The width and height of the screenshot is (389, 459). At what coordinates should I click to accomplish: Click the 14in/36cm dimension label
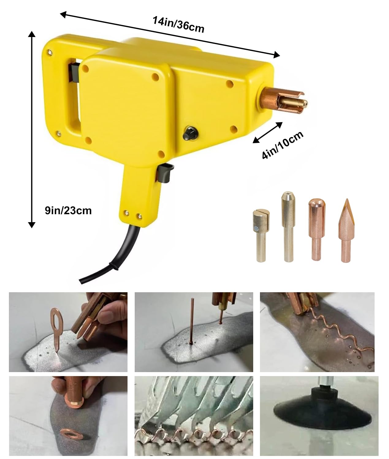click(178, 25)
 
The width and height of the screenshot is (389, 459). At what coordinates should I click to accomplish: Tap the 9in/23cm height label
click(68, 211)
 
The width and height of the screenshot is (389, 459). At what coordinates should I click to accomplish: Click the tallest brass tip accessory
click(288, 226)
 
